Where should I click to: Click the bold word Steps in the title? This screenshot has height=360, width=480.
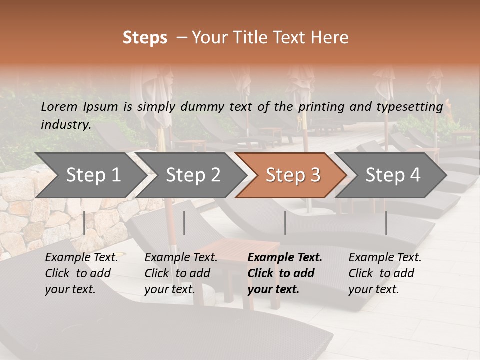coord(145,38)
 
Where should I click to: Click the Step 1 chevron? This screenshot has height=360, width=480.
coord(93,175)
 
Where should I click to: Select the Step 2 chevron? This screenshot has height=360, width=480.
coord(193,175)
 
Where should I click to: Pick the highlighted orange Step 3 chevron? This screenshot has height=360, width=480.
coord(293,175)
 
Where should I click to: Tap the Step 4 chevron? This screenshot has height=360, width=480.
coord(393,175)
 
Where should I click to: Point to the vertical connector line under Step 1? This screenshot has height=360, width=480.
coord(84,223)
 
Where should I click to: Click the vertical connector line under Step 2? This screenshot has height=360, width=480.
coord(184,223)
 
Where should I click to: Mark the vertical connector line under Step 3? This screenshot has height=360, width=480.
coord(285,223)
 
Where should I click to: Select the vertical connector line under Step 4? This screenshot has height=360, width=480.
coord(386,223)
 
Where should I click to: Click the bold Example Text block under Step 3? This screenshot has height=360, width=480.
coord(285,273)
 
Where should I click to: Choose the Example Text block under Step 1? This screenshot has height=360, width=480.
coord(81,273)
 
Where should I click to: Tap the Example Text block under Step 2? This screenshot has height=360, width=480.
coord(181,273)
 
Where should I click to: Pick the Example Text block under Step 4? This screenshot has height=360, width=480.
coord(385,273)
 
